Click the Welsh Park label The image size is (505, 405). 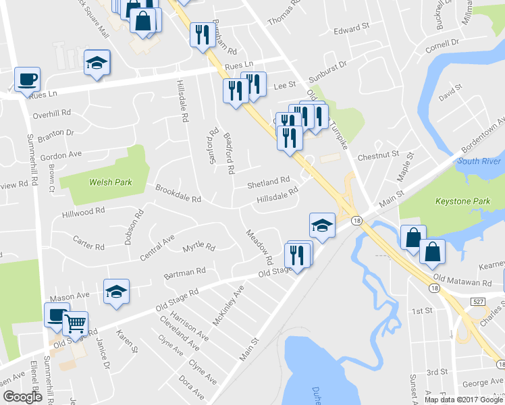pos(110,182)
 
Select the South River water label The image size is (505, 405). pos(479,161)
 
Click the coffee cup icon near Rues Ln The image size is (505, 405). pos(27,80)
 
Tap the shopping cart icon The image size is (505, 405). pos(75,323)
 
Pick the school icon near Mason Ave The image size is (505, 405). pos(116,292)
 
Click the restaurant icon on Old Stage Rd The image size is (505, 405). pos(298,254)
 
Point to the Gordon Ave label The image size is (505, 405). pos(61,155)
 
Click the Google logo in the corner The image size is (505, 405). pos(22,397)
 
